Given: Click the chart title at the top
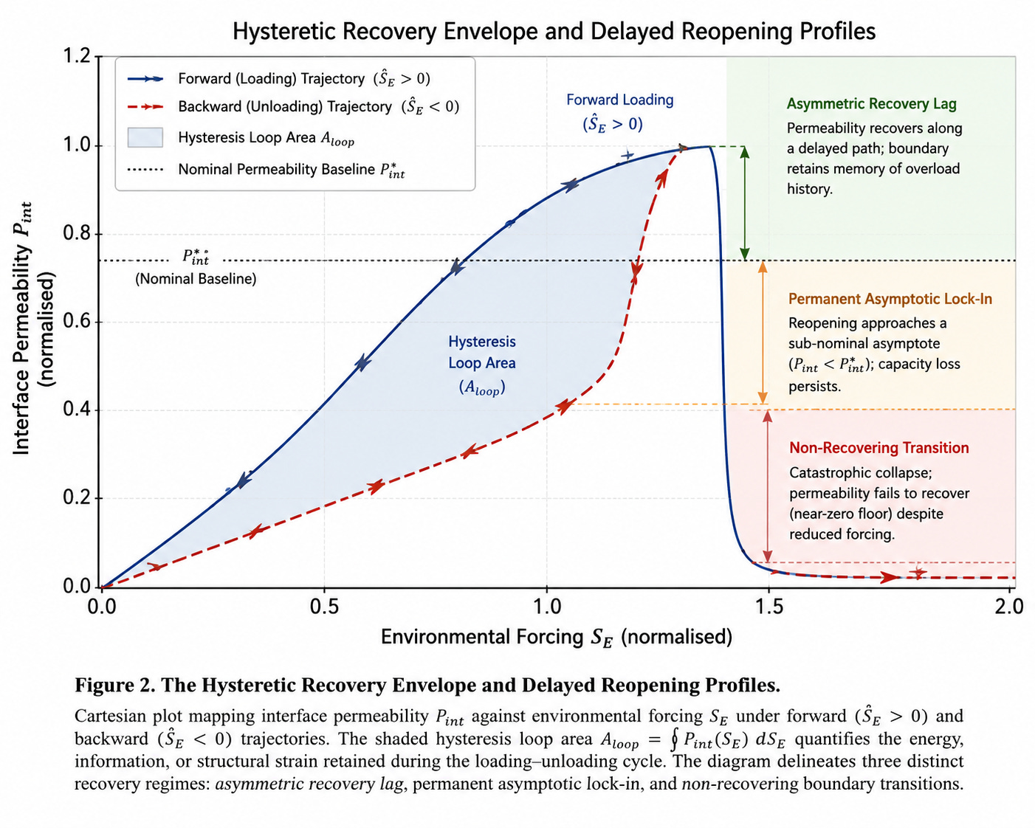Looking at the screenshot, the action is (x=554, y=32).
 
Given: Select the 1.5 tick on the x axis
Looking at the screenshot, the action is (x=768, y=607).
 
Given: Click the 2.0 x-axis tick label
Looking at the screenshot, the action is (x=1009, y=607).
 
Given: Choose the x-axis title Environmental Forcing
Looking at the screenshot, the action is (x=557, y=638).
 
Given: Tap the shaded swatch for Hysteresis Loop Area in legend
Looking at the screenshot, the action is (x=145, y=137).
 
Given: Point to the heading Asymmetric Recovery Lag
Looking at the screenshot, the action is (x=871, y=104).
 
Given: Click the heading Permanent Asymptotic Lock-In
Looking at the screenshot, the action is (x=890, y=299).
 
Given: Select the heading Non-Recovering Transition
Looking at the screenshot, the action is (x=879, y=448).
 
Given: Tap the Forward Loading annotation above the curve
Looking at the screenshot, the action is (x=619, y=111).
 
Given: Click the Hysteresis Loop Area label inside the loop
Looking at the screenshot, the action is (x=482, y=364).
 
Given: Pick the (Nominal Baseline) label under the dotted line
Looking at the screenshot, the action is (x=196, y=279).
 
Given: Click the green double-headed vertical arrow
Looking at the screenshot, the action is (x=745, y=203).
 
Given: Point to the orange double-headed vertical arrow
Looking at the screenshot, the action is (x=763, y=333).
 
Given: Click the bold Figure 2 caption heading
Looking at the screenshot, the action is (x=427, y=685).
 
